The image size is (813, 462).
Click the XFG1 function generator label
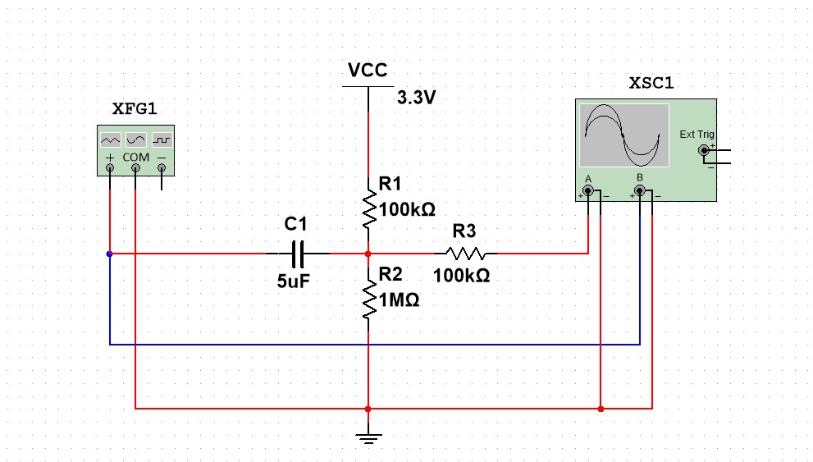[x=135, y=109]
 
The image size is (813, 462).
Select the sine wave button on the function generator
[x=136, y=140]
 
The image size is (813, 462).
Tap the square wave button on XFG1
[x=162, y=140]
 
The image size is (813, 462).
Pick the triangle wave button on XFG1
[x=111, y=140]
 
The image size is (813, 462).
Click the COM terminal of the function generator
[x=136, y=168]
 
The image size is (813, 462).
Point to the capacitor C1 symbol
[x=298, y=254]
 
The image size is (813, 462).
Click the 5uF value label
[x=294, y=281]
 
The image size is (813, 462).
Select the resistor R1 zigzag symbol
[x=368, y=209]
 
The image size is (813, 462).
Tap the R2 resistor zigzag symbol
[x=368, y=300]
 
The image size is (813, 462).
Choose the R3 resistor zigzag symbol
[x=466, y=254]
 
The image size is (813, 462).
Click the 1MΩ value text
[x=400, y=300]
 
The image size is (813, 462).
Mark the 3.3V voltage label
[x=417, y=98]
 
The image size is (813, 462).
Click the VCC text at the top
[x=368, y=70]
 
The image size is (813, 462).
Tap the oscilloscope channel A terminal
[x=588, y=191]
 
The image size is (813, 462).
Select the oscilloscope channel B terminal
[x=640, y=191]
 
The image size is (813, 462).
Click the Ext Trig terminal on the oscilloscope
[x=704, y=150]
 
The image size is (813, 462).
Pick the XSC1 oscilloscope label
[x=651, y=83]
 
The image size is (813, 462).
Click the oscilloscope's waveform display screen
[x=624, y=135]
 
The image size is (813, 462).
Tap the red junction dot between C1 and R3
[x=368, y=254]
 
